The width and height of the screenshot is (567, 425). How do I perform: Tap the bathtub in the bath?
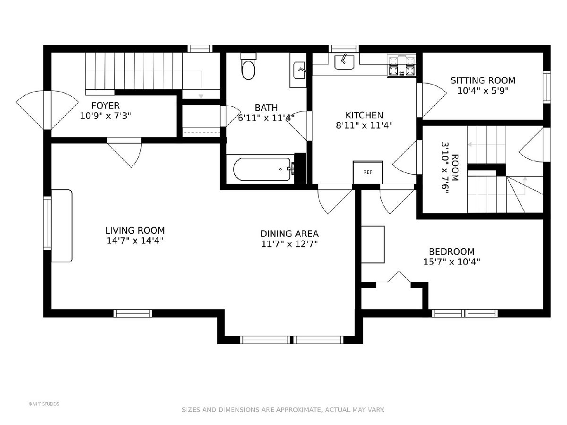tap(262, 169)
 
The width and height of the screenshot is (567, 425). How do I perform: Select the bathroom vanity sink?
tap(300, 70)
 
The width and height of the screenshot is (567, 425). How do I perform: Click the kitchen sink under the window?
tap(344, 62)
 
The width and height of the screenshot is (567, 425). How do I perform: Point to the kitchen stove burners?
tap(402, 66)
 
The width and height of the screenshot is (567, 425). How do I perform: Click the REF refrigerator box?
tap(368, 172)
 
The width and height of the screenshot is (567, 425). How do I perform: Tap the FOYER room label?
tap(105, 105)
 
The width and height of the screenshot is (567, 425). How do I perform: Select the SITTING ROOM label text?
tap(483, 80)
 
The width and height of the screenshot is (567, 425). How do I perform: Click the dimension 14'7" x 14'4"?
tap(135, 240)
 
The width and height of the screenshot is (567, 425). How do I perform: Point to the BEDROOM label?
tap(452, 251)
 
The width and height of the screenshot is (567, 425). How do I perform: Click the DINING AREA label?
tap(289, 234)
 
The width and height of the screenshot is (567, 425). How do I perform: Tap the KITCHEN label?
tap(364, 115)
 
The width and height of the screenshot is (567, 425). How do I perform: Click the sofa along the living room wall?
tap(61, 226)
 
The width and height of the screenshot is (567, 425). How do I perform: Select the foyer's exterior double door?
tap(47, 110)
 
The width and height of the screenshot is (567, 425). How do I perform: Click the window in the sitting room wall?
tap(547, 87)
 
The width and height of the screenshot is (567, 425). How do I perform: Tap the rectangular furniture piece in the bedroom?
tap(372, 244)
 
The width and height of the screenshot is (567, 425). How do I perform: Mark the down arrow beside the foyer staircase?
tap(201, 85)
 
